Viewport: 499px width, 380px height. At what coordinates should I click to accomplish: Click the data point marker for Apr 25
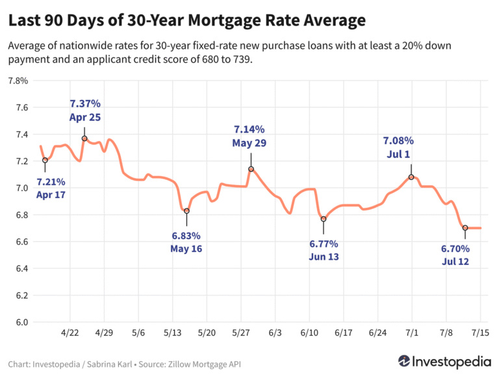coord(84,138)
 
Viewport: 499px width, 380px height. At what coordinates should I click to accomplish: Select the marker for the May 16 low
coord(186,211)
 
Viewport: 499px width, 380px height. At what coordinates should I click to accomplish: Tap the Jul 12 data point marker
coord(465,227)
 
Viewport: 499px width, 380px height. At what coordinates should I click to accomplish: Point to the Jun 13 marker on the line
coord(323,219)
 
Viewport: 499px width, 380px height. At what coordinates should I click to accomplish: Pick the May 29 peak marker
coord(251,169)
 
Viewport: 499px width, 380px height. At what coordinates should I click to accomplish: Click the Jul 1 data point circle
coord(411,177)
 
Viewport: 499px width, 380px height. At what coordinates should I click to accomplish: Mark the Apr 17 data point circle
coord(45,160)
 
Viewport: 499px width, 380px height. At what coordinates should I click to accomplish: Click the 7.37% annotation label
coord(85,104)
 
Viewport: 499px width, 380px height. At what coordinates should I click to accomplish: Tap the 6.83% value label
coord(186,236)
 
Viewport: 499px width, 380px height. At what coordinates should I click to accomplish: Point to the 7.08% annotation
coord(398,140)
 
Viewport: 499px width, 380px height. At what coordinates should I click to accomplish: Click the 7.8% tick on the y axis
coord(17,81)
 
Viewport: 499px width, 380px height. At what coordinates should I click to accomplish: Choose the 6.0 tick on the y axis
coord(20,322)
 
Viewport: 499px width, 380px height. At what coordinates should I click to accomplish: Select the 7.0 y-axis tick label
coord(20,188)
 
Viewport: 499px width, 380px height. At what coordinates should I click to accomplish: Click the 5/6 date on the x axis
coord(138,333)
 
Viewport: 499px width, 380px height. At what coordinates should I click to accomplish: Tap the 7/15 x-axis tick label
coord(480,333)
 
